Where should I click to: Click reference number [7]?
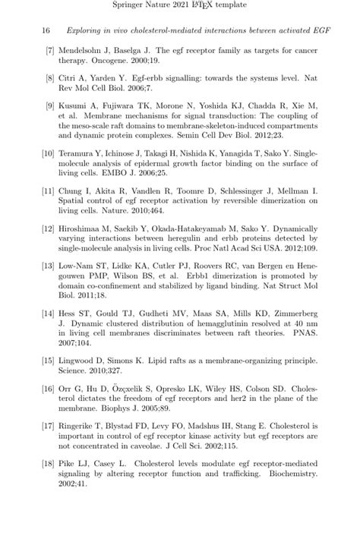(49, 50)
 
